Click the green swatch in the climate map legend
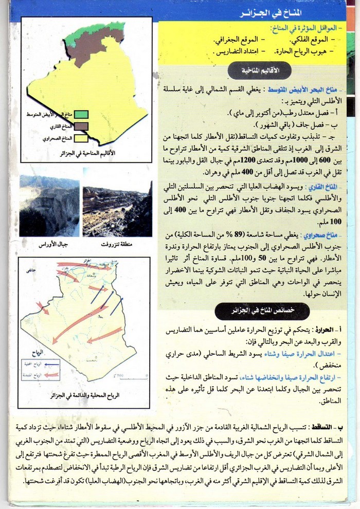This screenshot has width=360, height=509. point(81,114)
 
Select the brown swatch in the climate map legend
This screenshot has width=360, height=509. point(81,126)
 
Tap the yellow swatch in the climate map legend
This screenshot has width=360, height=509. point(81,138)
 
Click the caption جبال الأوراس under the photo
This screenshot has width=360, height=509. point(50,245)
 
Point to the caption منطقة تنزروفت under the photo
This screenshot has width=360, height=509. point(118,245)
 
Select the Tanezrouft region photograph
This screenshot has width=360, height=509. point(117,208)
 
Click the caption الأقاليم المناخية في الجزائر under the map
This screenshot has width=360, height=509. point(87,153)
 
